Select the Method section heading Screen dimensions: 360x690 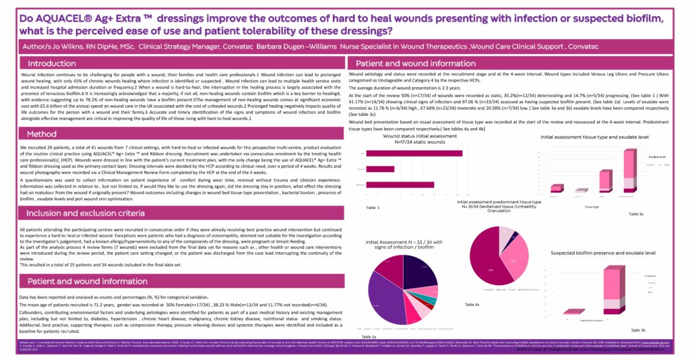(x=42, y=134)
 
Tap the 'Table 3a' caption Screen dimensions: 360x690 (x=637, y=213)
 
